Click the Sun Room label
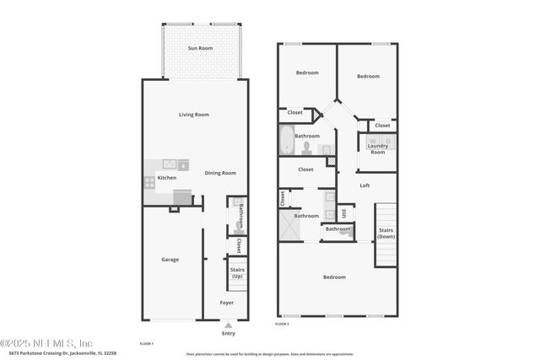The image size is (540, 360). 200,49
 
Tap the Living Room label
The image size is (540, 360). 194,115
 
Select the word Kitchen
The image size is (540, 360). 166,178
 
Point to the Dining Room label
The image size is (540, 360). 220,173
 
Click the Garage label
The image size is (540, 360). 170,260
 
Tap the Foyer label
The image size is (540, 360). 227,302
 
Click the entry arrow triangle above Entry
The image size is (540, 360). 228,324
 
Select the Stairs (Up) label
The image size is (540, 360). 237,274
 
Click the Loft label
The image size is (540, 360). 365,185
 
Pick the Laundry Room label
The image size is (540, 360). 377,149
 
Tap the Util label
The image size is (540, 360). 343,213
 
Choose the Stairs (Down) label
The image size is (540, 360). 386,234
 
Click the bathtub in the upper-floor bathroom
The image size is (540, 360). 285,140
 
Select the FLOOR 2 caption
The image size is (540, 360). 283,324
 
